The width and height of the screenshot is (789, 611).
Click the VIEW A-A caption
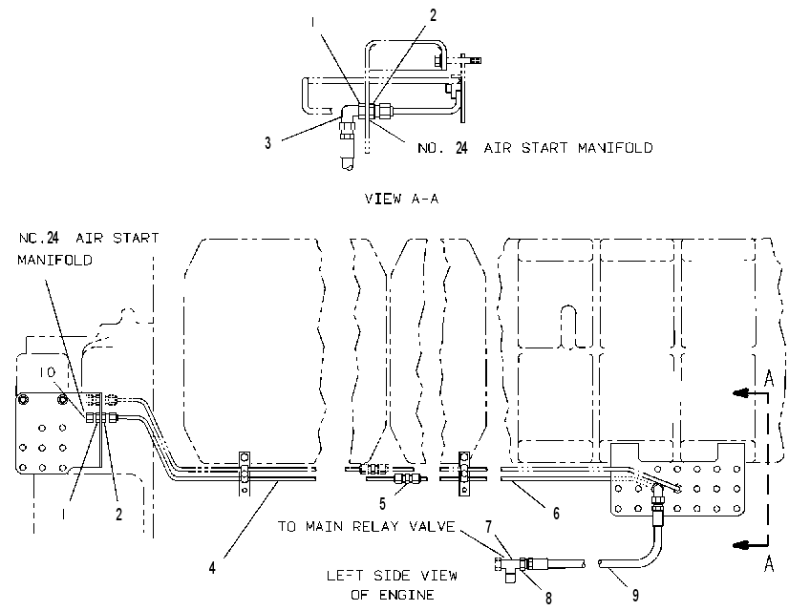[x=401, y=199]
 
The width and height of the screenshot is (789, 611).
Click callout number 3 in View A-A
[x=268, y=143]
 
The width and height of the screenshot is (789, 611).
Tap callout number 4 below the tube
[x=212, y=568]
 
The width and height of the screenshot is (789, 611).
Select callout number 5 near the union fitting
[x=382, y=503]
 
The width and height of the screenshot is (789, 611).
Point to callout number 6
[x=556, y=513]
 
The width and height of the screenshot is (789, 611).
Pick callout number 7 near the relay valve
[x=489, y=527]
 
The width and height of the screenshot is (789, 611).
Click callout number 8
[x=548, y=598]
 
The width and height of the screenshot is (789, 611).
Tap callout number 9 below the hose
[x=635, y=596]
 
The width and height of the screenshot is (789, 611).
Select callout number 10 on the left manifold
[x=47, y=372]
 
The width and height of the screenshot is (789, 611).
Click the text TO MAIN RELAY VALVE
[x=367, y=527]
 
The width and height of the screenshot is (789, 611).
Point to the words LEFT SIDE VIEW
[x=392, y=576]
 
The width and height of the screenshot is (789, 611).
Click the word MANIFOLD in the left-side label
[x=54, y=260]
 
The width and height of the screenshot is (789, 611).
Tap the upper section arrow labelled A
[x=750, y=392]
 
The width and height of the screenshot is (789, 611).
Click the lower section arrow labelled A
[x=750, y=544]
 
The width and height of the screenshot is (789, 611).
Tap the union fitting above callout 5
[x=407, y=478]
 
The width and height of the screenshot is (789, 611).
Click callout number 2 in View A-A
[x=434, y=15]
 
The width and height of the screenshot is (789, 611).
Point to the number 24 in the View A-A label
[x=461, y=148]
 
